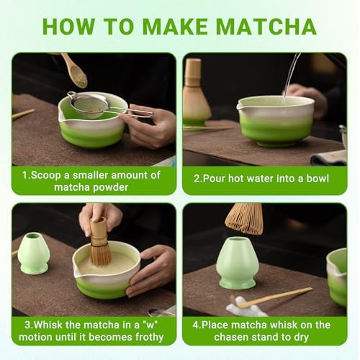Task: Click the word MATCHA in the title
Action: tap(266, 26)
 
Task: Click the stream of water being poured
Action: tap(291, 77)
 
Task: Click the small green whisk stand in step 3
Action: tap(33, 253)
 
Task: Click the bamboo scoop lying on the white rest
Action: tap(274, 297)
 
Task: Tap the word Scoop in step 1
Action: tap(46, 176)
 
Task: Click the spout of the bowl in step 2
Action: tap(239, 106)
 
